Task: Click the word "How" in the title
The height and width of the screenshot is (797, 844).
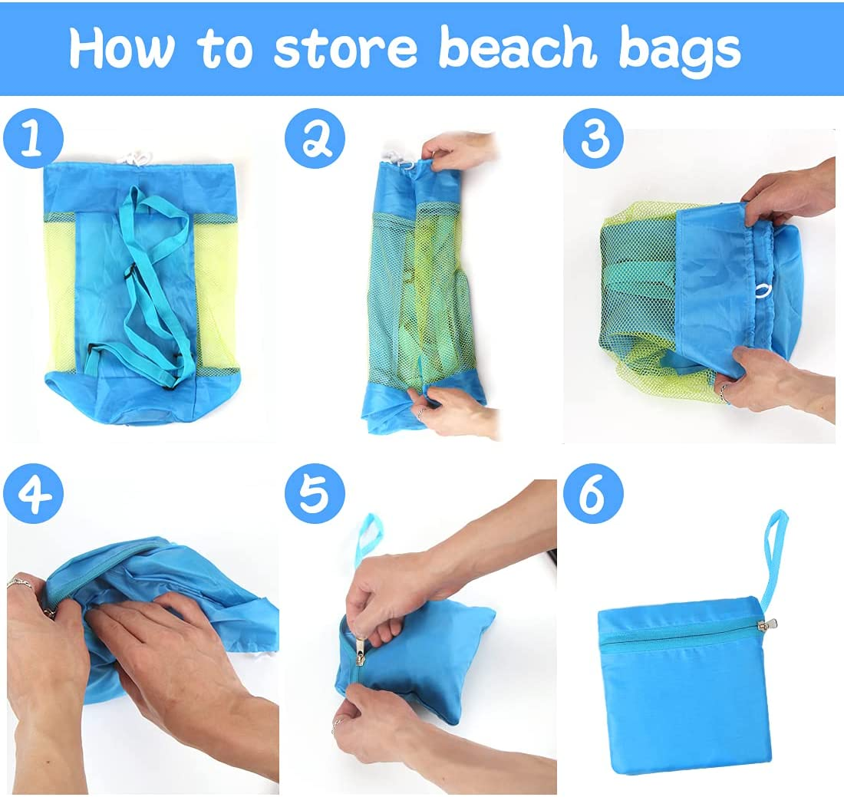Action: [122, 48]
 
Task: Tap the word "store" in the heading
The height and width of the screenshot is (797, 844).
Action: [345, 48]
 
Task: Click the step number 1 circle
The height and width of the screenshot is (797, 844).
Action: [33, 139]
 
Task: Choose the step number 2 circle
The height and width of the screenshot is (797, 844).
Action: [315, 139]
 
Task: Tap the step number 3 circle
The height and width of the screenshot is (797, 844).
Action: [594, 139]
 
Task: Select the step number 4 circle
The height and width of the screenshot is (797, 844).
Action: [33, 493]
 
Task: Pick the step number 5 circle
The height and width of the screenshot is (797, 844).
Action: [315, 493]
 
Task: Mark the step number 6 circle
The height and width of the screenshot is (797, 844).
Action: [594, 493]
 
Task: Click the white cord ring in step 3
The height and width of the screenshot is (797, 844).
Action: [763, 291]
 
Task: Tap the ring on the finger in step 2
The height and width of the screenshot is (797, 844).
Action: [420, 413]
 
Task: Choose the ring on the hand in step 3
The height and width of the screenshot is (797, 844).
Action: [725, 394]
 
